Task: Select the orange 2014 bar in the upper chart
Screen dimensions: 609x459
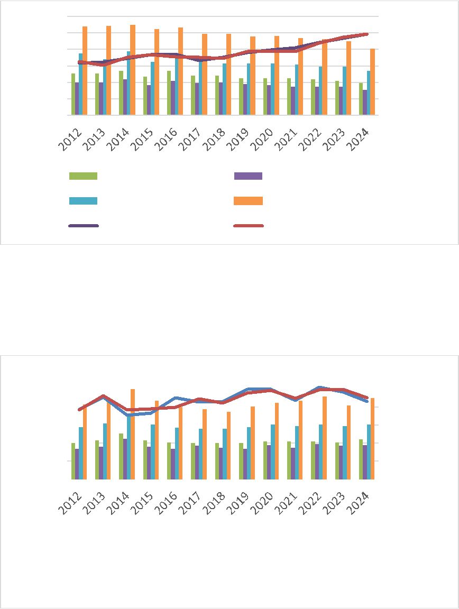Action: point(133,70)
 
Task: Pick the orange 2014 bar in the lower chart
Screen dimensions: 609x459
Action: point(133,434)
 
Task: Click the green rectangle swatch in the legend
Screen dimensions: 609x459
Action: point(83,176)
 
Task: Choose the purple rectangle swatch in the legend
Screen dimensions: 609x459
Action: point(248,176)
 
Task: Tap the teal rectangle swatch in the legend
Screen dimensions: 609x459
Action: point(83,201)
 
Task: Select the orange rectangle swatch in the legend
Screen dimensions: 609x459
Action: point(248,201)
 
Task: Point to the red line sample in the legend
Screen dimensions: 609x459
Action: point(248,226)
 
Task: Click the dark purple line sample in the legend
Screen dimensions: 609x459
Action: point(83,226)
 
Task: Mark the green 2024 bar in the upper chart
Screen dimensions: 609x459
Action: point(361,99)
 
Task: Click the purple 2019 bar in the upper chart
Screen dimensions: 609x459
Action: point(245,99)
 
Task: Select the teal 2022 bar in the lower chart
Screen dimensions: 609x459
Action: point(320,452)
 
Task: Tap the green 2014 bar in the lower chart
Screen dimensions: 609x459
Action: point(121,456)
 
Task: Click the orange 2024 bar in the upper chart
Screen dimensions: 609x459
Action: point(372,82)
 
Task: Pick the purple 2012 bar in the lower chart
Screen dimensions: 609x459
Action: point(77,464)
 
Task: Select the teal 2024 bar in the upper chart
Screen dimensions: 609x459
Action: point(369,93)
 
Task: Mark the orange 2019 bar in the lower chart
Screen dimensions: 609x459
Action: point(253,443)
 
